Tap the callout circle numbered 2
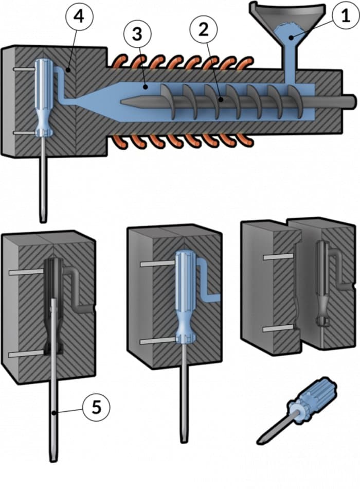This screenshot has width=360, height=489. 204,30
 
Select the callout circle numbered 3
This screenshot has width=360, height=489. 137,34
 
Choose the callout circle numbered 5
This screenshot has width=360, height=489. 96,407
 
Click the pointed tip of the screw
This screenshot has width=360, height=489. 121,101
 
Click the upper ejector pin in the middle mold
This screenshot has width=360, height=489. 157,264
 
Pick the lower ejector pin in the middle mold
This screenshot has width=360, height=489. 158,341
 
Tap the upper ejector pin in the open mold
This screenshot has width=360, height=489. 278,257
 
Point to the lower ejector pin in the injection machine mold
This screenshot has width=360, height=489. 25,133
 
